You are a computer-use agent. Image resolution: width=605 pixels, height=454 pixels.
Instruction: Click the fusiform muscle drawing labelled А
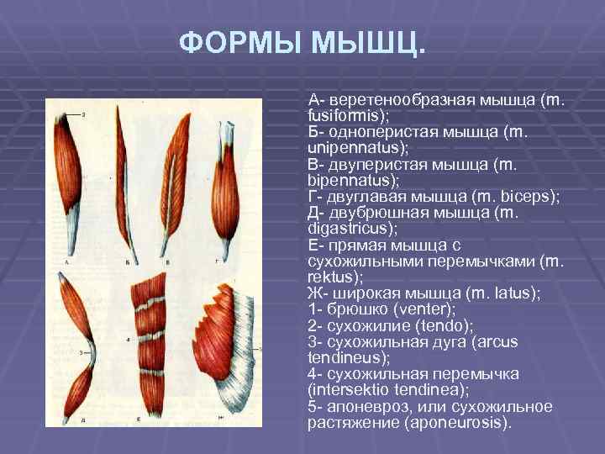click(x=74, y=177)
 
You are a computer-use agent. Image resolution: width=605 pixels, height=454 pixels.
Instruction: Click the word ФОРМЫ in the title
click(x=239, y=43)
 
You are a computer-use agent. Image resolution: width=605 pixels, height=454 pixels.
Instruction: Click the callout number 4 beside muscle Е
click(x=128, y=340)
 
